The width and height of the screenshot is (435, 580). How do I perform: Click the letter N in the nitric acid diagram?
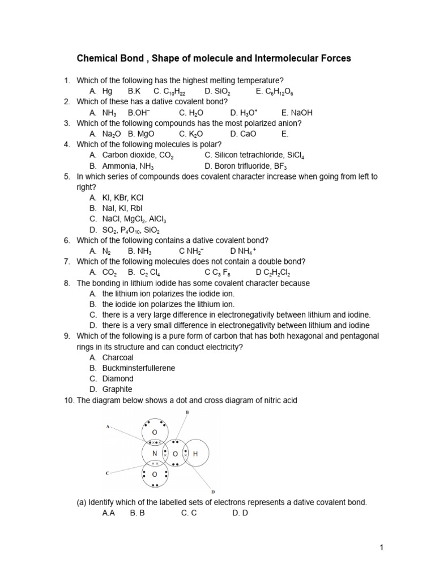click(154, 454)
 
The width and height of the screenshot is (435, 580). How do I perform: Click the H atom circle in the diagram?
click(195, 454)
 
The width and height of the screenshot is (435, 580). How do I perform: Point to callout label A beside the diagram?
click(108, 428)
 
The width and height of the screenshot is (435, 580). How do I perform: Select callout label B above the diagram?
click(188, 413)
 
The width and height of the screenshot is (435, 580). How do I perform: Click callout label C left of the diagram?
click(108, 472)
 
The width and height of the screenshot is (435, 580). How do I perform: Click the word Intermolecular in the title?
click(297, 58)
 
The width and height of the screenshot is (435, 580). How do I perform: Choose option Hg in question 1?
click(108, 91)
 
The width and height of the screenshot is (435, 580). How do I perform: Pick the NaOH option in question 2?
click(300, 113)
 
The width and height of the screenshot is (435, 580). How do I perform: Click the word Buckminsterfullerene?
click(139, 368)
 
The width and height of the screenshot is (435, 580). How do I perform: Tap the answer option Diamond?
click(118, 378)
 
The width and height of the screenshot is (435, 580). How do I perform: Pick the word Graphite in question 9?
click(117, 389)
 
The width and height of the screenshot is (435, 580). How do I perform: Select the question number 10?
click(68, 400)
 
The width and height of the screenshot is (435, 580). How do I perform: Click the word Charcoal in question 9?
click(118, 357)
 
